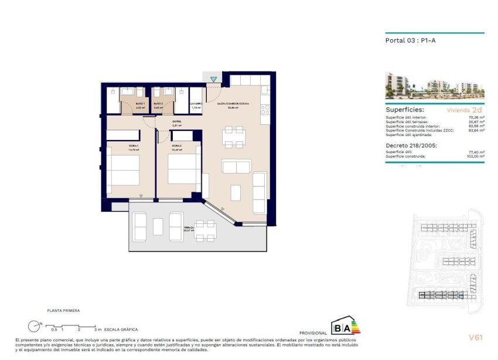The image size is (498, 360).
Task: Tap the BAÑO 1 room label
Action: (124, 104)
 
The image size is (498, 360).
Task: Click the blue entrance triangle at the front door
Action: (214, 80)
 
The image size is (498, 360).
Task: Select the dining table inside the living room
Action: (234, 137)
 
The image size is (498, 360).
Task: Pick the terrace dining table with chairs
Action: (205, 230)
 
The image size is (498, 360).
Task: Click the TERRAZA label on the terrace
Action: (188, 227)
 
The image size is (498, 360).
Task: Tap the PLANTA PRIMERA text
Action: (63, 310)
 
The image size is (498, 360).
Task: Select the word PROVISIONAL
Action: (313, 332)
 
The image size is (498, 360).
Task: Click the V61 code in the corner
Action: (475, 337)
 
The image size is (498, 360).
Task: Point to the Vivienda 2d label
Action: (464, 110)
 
